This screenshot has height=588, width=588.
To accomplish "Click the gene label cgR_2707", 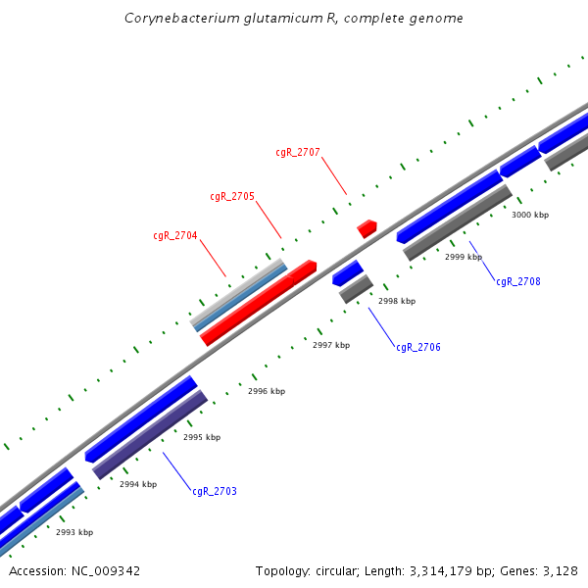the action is coord(298,152).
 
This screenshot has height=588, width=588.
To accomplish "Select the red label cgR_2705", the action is coord(232,196).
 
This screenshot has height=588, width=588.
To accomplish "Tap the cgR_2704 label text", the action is coord(175,235).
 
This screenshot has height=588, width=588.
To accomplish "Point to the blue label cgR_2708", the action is coord(517,281).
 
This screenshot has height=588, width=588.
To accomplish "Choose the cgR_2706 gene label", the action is coord(418,347).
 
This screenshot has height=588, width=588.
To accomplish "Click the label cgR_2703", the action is coord(215,491).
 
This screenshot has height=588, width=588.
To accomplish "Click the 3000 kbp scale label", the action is coord(530,215).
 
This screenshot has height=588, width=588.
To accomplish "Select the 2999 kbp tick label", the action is coord(464,257).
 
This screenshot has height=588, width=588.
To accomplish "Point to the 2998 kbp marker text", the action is coord(397,301).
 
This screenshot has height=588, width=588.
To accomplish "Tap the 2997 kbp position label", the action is coord(331,345).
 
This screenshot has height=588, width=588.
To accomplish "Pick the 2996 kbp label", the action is coord(267,391).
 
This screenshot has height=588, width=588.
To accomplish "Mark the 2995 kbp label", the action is coord(202,437).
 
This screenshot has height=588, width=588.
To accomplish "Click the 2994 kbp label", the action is coord(138,484).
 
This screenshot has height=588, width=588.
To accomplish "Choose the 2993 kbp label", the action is coord(74,532).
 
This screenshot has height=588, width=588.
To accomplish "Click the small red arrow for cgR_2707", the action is coord(367,228).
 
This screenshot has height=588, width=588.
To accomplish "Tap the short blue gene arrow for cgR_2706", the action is coord(348,272).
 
